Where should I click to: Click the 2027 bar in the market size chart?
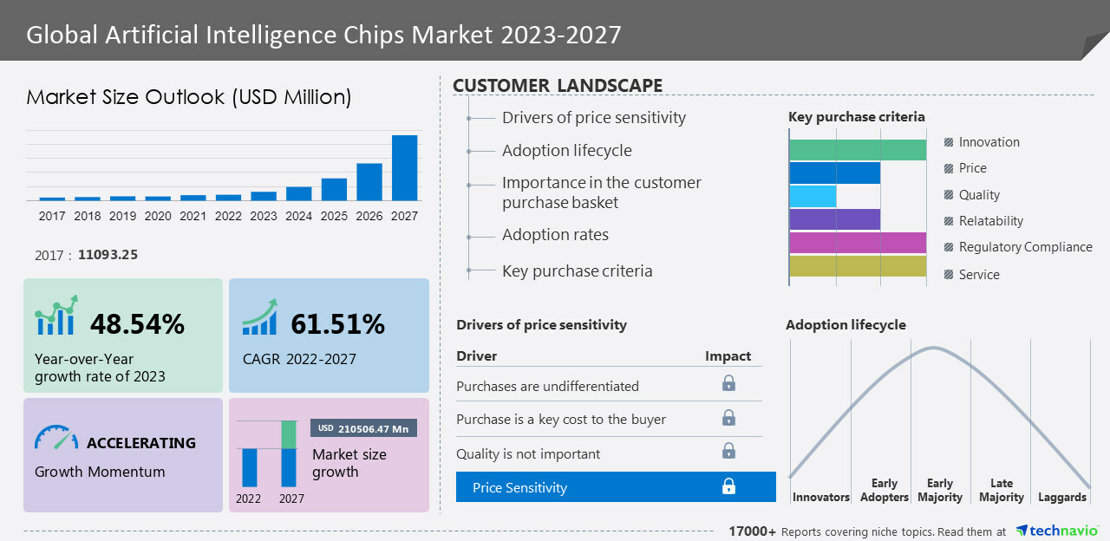tap(404, 167)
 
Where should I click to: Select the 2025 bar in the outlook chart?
tap(334, 189)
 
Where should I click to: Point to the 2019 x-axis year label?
tap(122, 216)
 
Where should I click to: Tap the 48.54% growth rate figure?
tap(137, 324)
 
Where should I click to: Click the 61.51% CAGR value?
tap(337, 324)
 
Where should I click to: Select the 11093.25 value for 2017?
tap(107, 255)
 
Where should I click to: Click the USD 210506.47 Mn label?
tap(364, 428)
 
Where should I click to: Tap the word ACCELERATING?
tap(141, 443)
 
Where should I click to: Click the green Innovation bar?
tap(858, 150)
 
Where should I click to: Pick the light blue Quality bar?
tap(813, 196)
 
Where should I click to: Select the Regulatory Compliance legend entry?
tap(1025, 247)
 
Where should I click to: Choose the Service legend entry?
tap(979, 275)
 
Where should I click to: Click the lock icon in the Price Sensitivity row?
tap(728, 486)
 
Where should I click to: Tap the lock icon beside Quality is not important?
tap(728, 451)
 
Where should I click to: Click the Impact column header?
tap(728, 356)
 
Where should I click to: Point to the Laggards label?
tap(1061, 497)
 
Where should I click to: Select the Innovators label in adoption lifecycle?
tap(820, 497)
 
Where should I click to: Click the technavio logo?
tap(1057, 531)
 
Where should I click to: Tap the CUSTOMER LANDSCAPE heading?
tap(558, 86)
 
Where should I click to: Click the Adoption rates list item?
tap(555, 235)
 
